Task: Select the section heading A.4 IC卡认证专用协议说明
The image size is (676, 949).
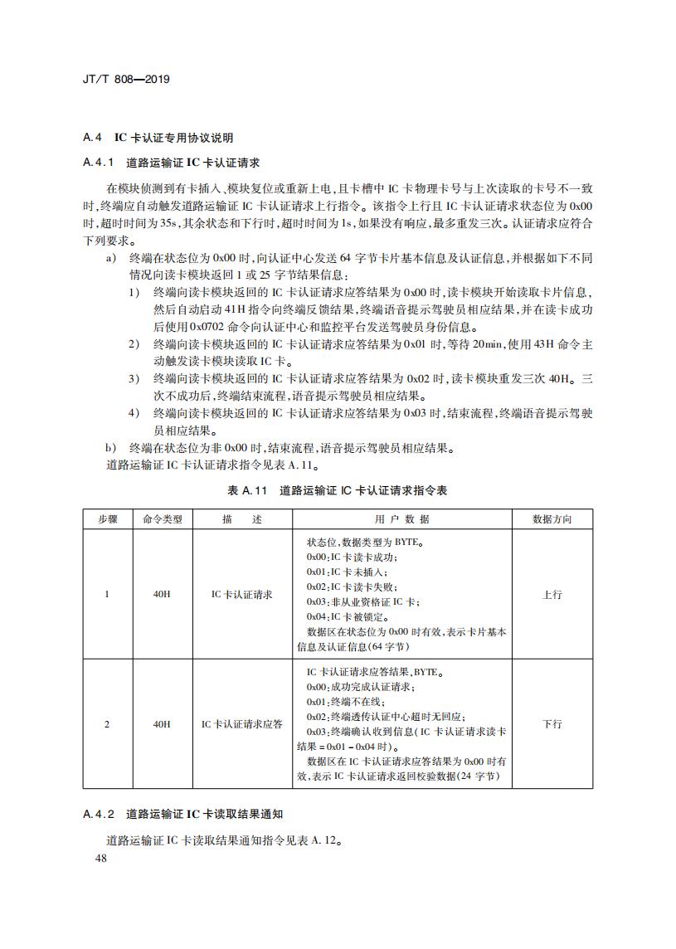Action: [x=158, y=137]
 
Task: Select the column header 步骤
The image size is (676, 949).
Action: [x=107, y=519]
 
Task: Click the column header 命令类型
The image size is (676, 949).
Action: [x=162, y=519]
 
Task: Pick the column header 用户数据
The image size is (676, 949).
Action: [x=402, y=519]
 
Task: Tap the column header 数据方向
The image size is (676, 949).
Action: [x=552, y=519]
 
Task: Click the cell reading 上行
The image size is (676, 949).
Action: [x=552, y=595]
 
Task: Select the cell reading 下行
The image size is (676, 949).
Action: [x=552, y=724]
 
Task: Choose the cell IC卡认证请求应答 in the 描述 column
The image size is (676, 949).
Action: [x=242, y=724]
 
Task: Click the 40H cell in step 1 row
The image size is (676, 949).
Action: [x=162, y=595]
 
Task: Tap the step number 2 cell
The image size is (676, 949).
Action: [x=107, y=724]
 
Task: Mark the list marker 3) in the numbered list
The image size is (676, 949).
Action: [x=134, y=378]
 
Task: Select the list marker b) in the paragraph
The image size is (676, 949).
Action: [x=111, y=448]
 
